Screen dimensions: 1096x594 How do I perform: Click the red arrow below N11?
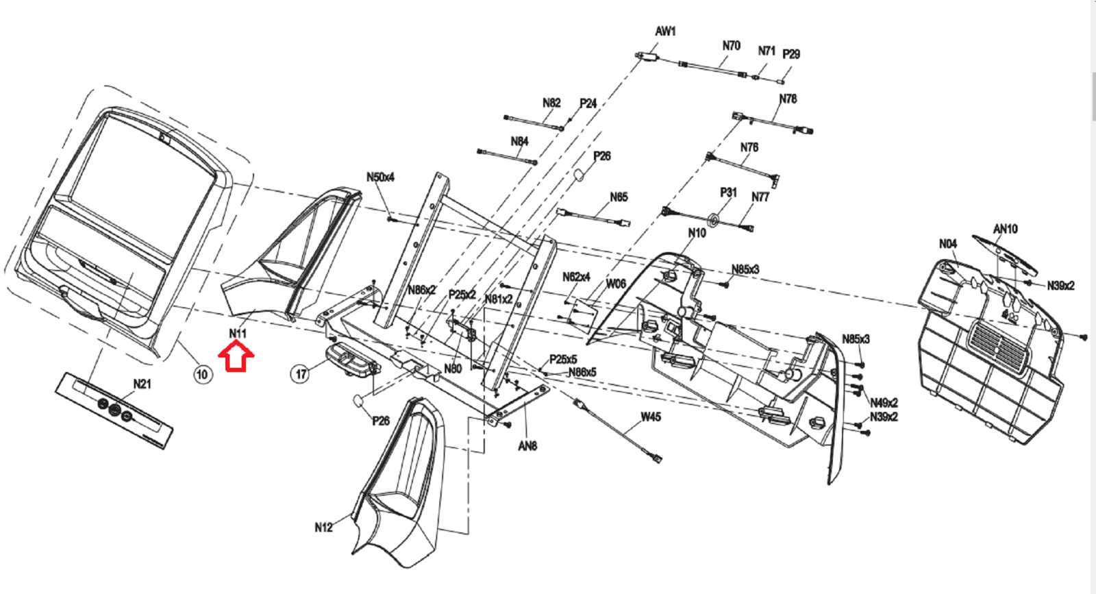click(x=236, y=357)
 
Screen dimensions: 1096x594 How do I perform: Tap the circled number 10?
click(x=202, y=375)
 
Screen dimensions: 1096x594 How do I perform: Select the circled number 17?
click(x=301, y=374)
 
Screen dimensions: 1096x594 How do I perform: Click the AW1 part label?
click(x=665, y=32)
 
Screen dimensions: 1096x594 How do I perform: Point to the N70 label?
click(x=732, y=45)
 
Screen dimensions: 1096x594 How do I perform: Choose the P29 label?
click(x=791, y=54)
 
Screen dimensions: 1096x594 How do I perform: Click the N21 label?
click(x=142, y=384)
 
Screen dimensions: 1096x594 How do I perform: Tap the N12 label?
click(x=323, y=528)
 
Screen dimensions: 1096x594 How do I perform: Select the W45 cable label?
click(x=651, y=417)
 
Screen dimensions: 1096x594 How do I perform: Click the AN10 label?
click(x=1006, y=229)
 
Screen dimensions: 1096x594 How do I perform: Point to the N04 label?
click(x=948, y=244)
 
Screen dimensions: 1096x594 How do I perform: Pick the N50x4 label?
click(x=380, y=177)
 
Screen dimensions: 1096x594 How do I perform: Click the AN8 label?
click(x=527, y=446)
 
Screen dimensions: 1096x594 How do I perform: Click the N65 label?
click(x=619, y=197)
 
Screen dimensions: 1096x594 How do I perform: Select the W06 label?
click(x=616, y=284)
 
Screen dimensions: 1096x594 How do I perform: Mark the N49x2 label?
click(x=884, y=403)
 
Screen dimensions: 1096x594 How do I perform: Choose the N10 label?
click(x=697, y=233)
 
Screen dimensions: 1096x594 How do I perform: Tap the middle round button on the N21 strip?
click(x=114, y=410)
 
